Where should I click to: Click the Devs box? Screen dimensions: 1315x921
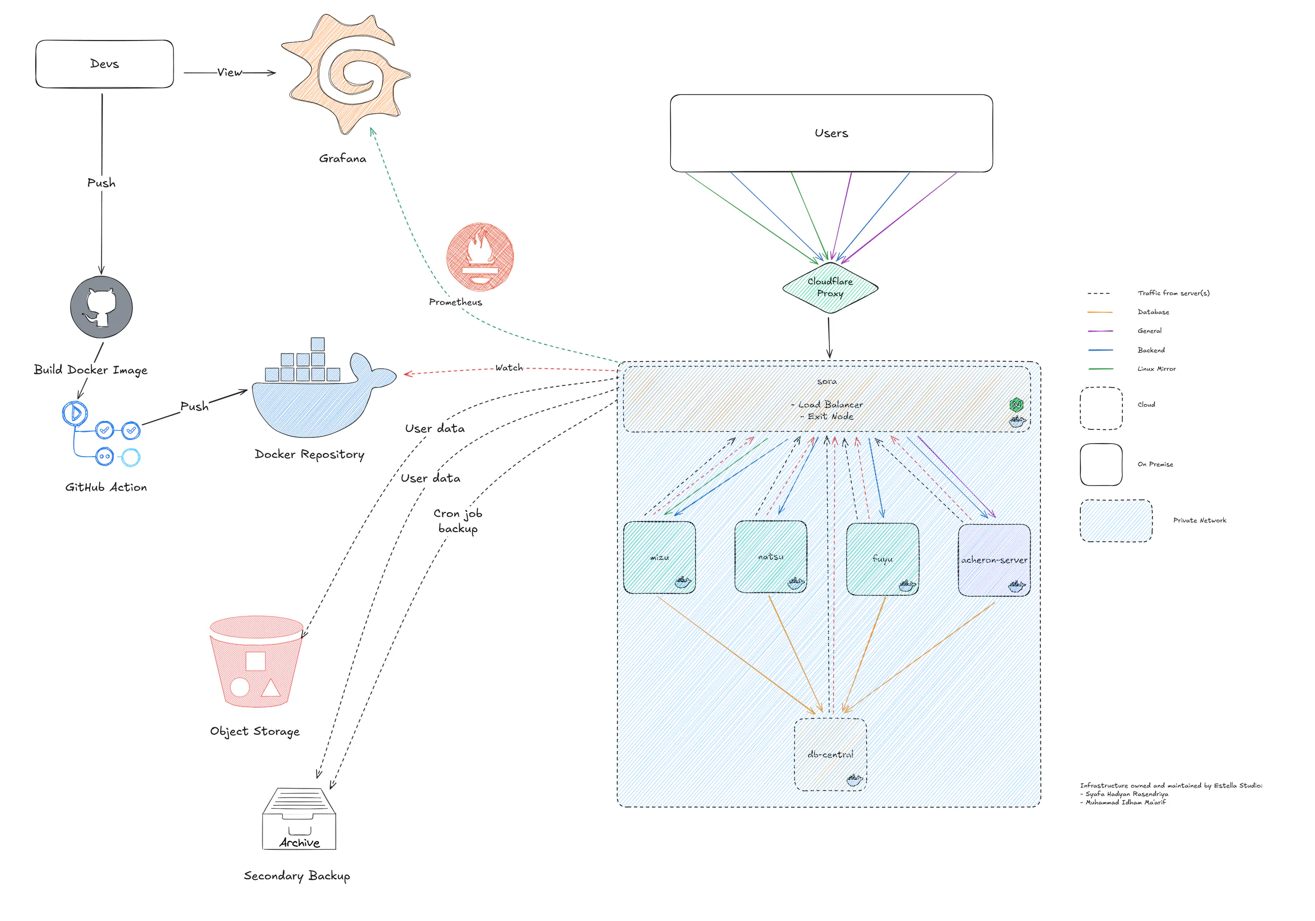pyautogui.click(x=104, y=64)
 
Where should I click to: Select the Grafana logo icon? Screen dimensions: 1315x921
pyautogui.click(x=345, y=74)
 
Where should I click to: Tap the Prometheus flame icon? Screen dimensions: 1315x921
pyautogui.click(x=480, y=256)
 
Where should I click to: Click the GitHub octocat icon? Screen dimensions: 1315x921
pyautogui.click(x=101, y=307)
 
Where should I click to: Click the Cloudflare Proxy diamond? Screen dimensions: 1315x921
pyautogui.click(x=830, y=287)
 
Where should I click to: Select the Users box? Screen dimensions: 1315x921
pyautogui.click(x=831, y=133)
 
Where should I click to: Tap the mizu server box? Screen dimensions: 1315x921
pyautogui.click(x=659, y=557)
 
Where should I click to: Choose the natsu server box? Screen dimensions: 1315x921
pyautogui.click(x=771, y=557)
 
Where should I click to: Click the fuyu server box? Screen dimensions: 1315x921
pyautogui.click(x=883, y=559)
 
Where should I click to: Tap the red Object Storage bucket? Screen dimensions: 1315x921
pyautogui.click(x=256, y=662)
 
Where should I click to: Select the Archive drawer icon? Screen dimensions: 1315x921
pyautogui.click(x=299, y=819)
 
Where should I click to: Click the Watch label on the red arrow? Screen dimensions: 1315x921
pyautogui.click(x=509, y=368)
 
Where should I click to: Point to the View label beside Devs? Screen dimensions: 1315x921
pyautogui.click(x=230, y=73)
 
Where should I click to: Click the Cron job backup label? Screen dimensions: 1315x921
pyautogui.click(x=458, y=520)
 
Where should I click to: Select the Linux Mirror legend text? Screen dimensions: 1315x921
pyautogui.click(x=1156, y=369)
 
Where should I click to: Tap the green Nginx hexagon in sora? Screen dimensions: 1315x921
pyautogui.click(x=1017, y=405)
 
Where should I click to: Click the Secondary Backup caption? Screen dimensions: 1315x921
pyautogui.click(x=297, y=876)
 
